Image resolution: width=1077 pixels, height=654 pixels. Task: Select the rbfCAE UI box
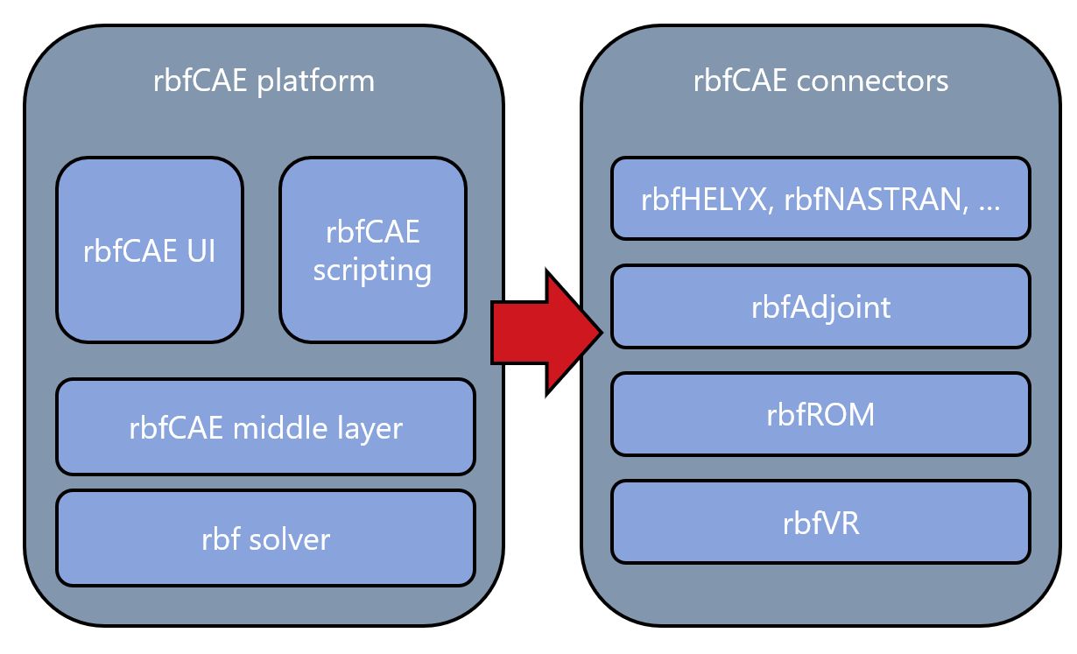pos(150,250)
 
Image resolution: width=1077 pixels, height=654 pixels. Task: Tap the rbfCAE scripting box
pos(373,250)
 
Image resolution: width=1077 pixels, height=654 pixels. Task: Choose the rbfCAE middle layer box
pos(265,427)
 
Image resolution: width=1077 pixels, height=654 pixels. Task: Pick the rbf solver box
pos(265,538)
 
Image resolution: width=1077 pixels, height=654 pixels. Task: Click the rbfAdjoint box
pos(820,306)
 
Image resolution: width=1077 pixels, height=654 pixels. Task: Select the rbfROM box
pos(820,414)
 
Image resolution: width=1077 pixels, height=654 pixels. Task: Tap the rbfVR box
pos(820,523)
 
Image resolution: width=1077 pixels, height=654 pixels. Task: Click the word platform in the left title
pos(316,81)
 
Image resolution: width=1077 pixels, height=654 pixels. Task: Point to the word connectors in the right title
pos(873,81)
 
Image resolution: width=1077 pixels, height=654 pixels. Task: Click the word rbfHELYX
pos(707,200)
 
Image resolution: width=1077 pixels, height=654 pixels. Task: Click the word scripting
pos(373,271)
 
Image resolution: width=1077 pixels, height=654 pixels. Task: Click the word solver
pos(290,539)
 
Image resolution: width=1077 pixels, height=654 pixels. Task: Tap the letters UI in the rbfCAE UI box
pos(201,250)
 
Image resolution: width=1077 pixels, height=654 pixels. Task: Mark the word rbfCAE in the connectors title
pos(740,81)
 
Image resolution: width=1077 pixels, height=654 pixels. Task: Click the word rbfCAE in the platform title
pos(201,81)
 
